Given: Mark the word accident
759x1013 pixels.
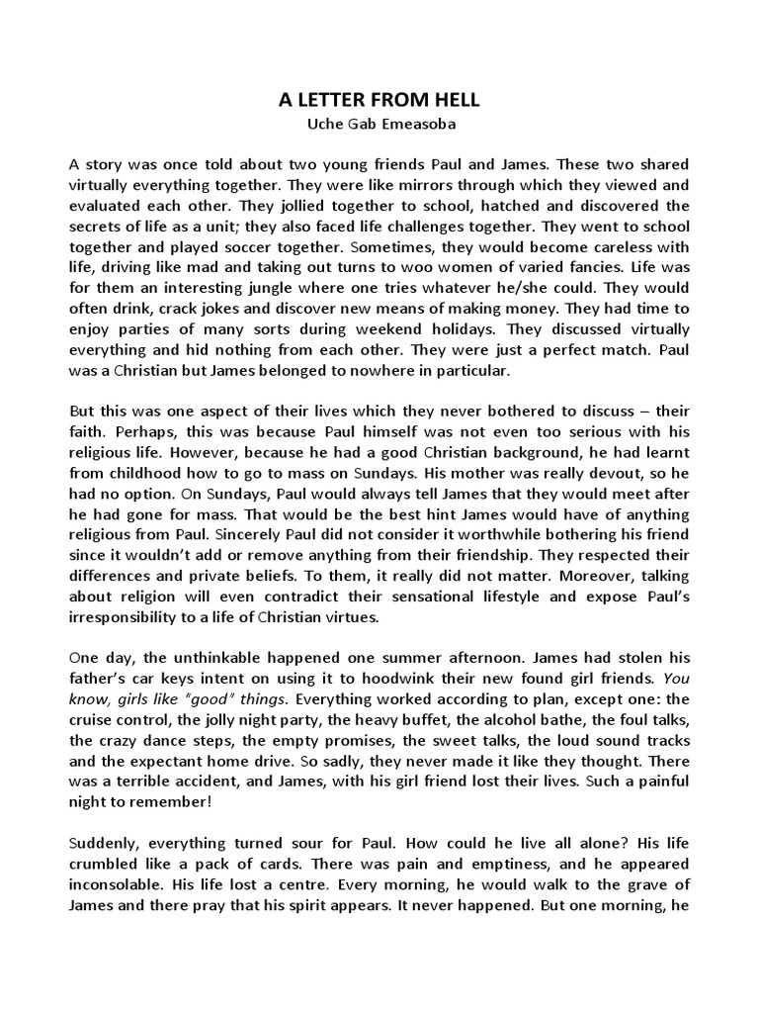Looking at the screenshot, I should [201, 788].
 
